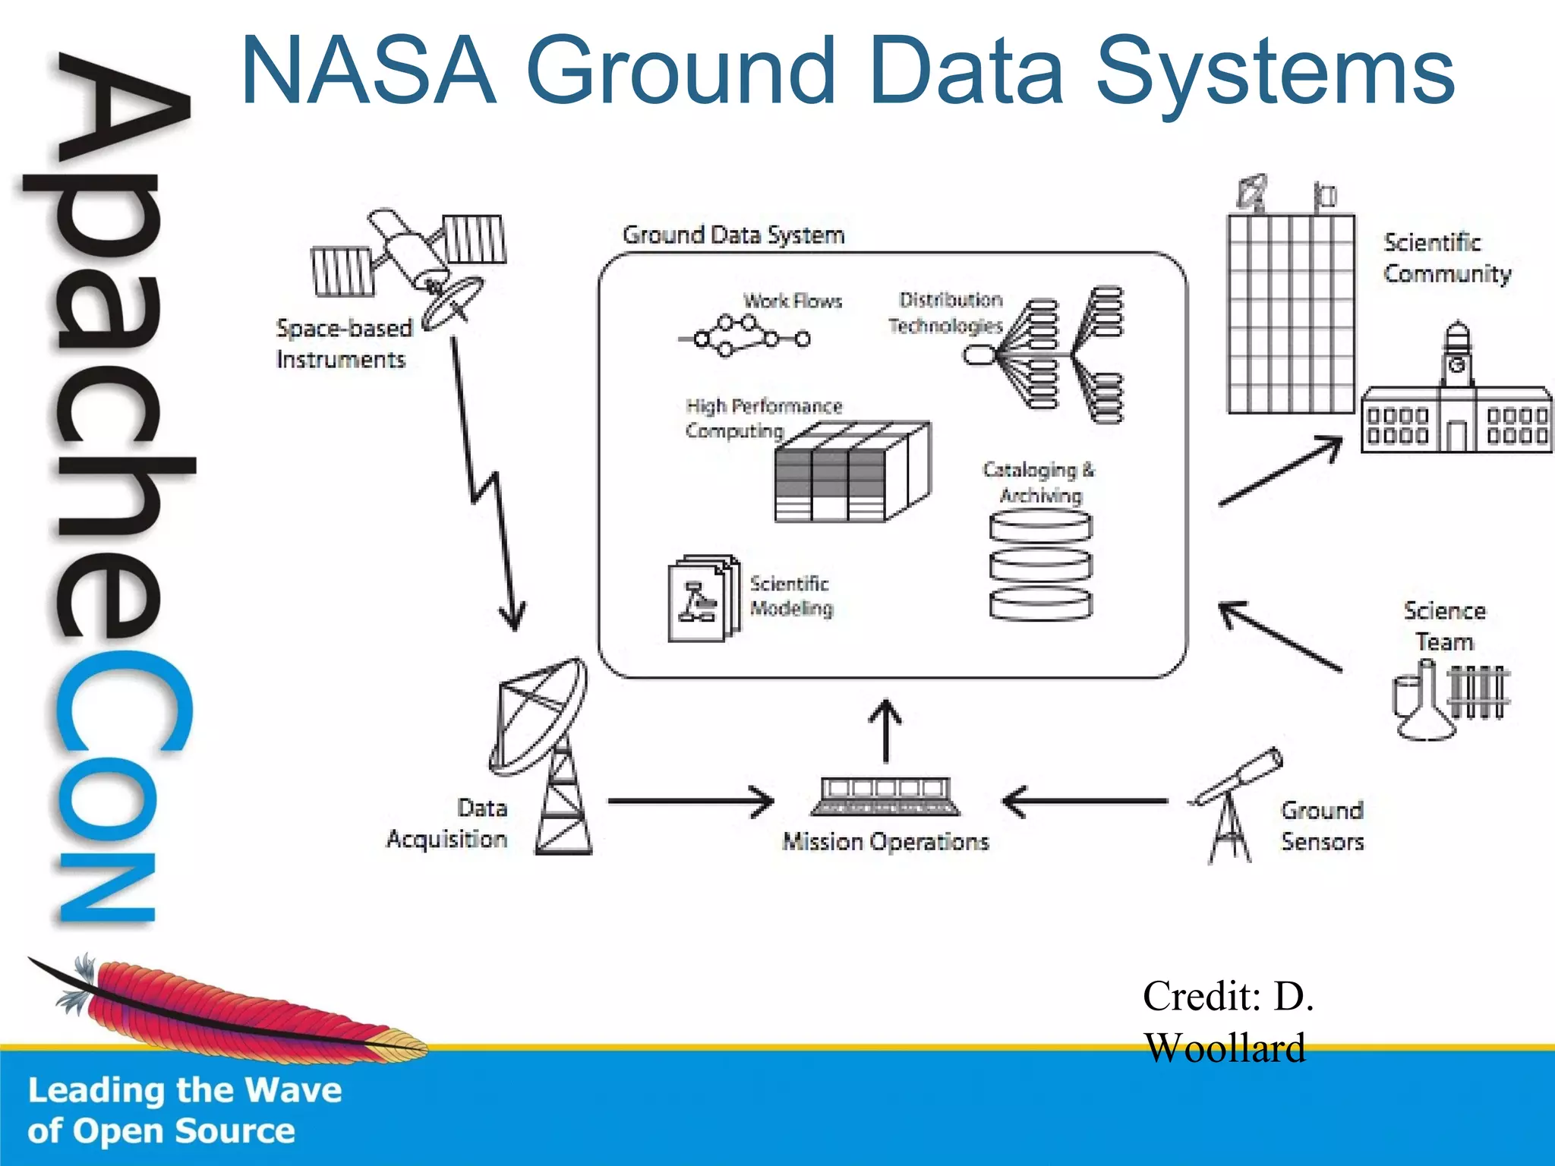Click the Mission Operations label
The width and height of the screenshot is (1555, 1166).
[885, 842]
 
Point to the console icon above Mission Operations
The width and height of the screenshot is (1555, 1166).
[885, 796]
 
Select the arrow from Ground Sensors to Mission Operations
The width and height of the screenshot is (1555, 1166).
[1086, 801]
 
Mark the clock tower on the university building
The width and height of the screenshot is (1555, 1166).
[1457, 357]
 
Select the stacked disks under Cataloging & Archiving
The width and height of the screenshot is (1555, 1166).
[1041, 565]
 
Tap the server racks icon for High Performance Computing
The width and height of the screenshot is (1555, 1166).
[850, 474]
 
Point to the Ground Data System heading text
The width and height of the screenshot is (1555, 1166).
[733, 235]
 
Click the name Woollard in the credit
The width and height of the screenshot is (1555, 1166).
[1224, 1048]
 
